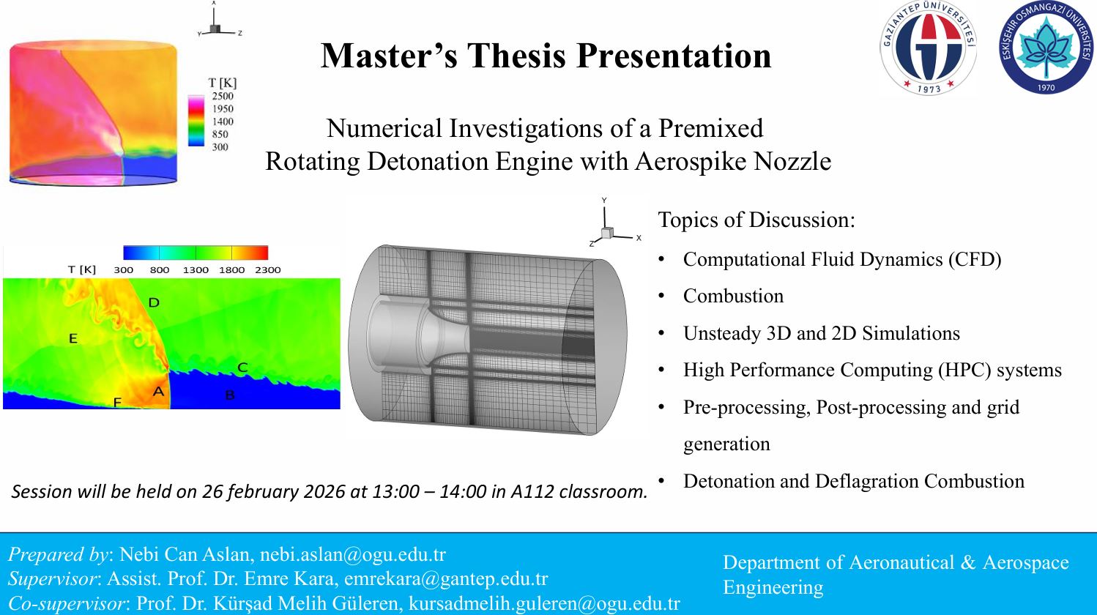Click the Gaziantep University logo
click(x=928, y=48)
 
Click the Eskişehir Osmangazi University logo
click(x=1046, y=48)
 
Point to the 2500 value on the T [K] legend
click(x=223, y=96)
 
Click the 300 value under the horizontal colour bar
click(x=124, y=270)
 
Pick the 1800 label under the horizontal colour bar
click(x=231, y=270)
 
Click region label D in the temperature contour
click(x=154, y=302)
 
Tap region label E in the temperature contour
click(x=73, y=338)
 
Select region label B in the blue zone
click(x=230, y=395)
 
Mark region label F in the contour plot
click(x=117, y=403)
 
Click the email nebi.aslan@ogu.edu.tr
click(x=353, y=554)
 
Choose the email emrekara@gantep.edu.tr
click(x=446, y=579)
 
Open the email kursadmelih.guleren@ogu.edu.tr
click(x=544, y=603)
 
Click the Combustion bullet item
click(x=733, y=296)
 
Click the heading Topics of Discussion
click(x=756, y=220)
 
